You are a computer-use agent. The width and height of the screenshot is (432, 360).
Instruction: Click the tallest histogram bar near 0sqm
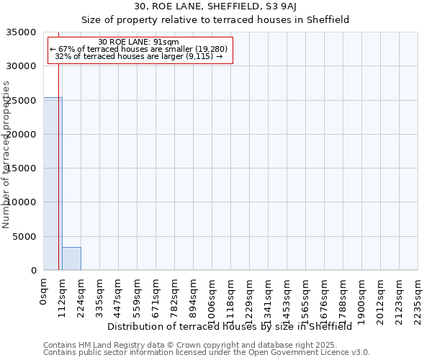pos(53,184)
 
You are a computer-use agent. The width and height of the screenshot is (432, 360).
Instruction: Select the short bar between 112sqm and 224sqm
pos(71,258)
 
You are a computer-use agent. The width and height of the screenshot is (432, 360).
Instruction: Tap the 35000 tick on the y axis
pos(22,32)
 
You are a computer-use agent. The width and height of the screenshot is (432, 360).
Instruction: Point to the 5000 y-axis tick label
pos(24,236)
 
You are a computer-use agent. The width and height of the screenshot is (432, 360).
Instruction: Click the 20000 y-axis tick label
pos(22,135)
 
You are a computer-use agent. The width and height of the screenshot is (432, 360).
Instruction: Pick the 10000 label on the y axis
pos(22,202)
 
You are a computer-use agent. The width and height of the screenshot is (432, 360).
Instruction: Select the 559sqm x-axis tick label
pos(137,297)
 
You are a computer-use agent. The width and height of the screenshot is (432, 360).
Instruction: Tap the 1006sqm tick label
pos(212,300)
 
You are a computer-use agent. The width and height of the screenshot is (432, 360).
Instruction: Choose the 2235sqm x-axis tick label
pos(418,300)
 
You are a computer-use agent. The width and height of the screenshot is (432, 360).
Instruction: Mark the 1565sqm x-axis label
pos(305,300)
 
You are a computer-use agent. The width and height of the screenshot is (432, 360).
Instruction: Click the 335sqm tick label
pos(99,297)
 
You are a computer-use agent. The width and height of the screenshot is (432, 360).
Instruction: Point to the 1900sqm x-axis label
pos(361,300)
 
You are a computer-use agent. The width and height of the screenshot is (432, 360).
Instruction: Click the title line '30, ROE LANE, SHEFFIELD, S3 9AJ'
pos(215,7)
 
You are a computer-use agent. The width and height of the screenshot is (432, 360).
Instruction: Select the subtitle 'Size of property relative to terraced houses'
pos(215,20)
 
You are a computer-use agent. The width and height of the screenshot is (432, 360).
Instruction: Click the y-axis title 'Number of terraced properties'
pos(6,155)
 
